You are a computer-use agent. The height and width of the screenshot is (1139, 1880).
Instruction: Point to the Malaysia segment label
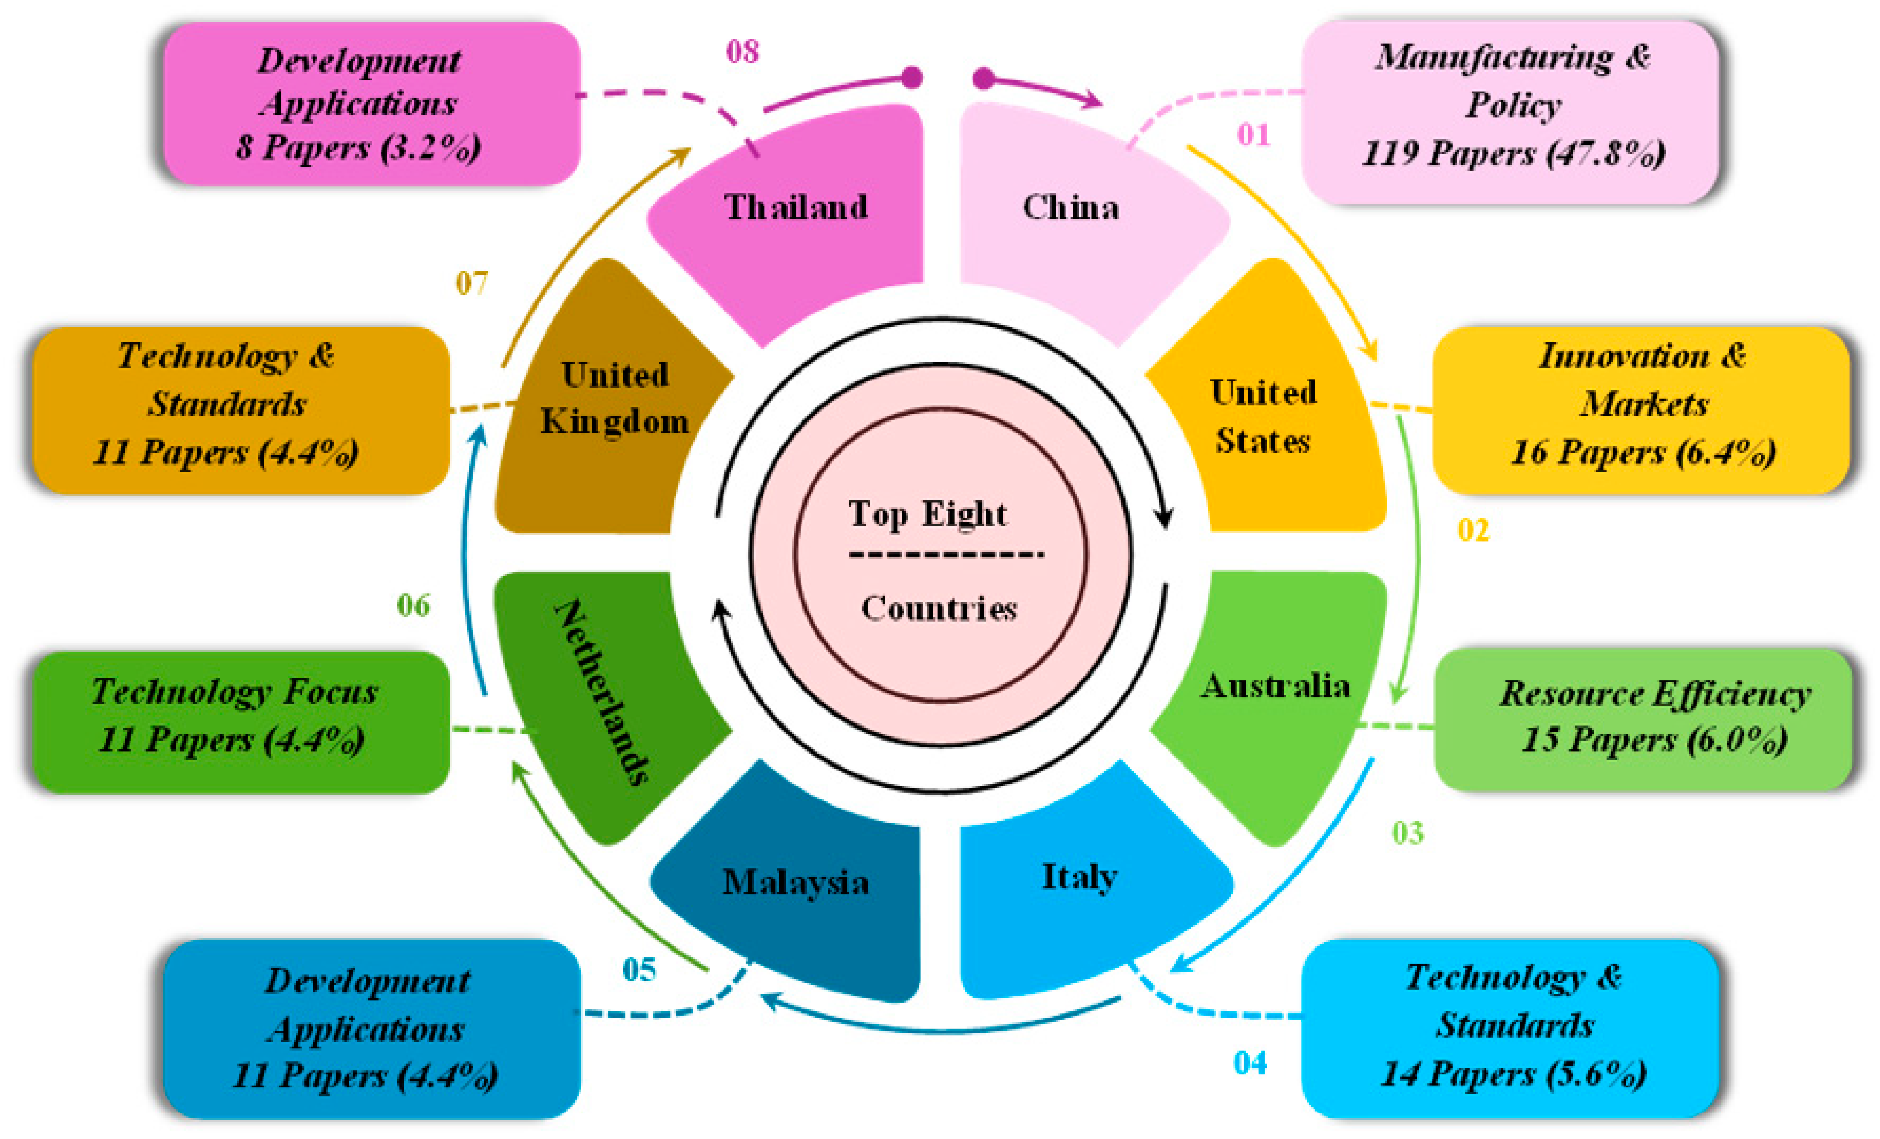[795, 883]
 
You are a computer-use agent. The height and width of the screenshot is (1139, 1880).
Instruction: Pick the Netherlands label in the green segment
[602, 692]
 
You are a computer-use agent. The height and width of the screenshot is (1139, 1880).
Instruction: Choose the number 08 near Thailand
[742, 52]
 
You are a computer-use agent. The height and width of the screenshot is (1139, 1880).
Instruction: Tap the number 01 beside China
[1254, 135]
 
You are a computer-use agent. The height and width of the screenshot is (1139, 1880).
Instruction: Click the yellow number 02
[1472, 530]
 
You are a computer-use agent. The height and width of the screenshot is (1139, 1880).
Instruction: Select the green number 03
[1407, 833]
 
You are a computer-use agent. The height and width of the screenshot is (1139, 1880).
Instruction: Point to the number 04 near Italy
[1250, 1063]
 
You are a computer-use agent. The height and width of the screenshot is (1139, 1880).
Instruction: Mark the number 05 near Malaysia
[639, 969]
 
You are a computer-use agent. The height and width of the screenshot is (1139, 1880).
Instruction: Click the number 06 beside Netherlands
[414, 606]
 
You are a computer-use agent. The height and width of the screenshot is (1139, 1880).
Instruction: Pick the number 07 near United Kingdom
[472, 284]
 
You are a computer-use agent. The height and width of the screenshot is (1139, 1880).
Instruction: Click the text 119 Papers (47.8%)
[1513, 153]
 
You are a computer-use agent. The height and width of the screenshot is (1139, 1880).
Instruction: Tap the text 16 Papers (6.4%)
[1643, 452]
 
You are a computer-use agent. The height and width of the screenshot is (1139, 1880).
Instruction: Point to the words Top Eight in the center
[927, 514]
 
